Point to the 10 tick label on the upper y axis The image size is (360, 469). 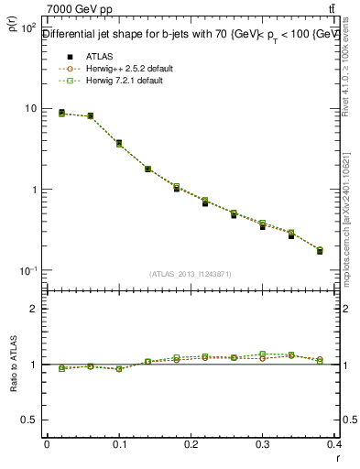pyautogui.click(x=30, y=109)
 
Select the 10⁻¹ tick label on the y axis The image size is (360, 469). pyautogui.click(x=28, y=271)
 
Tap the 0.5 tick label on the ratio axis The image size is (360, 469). pyautogui.click(x=29, y=420)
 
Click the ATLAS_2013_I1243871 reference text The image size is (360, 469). pyautogui.click(x=189, y=274)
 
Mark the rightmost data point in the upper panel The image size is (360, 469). pyautogui.click(x=320, y=250)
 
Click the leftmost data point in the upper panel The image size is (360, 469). pyautogui.click(x=61, y=113)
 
